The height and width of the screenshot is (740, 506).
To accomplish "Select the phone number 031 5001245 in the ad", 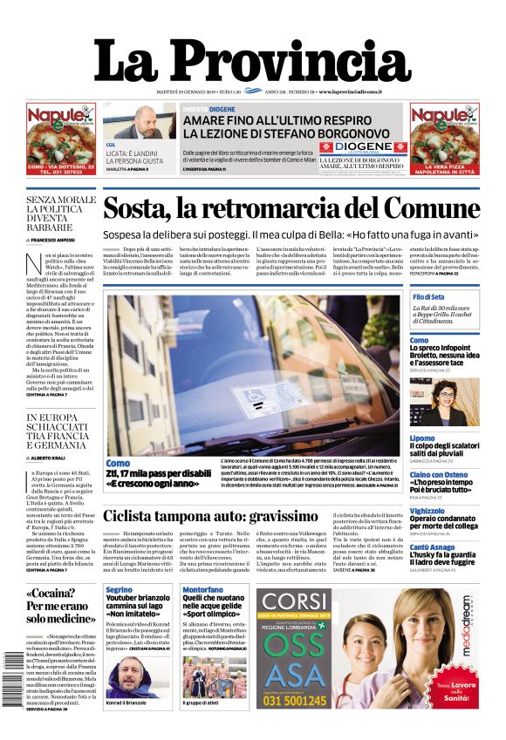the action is (294, 699).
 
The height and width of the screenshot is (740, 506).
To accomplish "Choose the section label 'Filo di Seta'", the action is (429, 297).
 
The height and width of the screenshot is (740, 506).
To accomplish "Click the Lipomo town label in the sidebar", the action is (422, 438).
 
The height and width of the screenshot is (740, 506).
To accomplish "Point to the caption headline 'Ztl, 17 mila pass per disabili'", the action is (159, 474).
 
